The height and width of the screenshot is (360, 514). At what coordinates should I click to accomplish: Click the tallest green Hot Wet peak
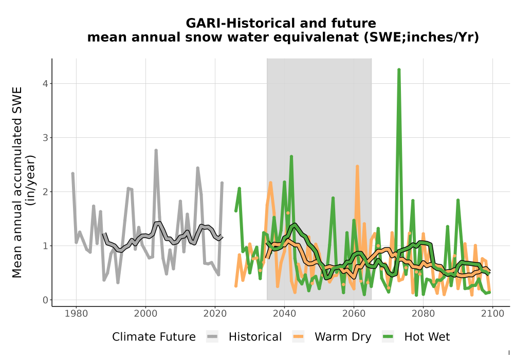(399, 69)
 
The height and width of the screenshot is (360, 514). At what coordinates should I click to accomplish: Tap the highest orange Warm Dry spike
(357, 167)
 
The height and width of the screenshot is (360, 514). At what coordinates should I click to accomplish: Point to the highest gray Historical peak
(156, 150)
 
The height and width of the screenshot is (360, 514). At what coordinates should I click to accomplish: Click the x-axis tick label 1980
(77, 314)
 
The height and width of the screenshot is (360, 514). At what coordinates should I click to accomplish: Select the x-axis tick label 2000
(145, 314)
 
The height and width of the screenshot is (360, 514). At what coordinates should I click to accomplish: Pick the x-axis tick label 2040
(284, 314)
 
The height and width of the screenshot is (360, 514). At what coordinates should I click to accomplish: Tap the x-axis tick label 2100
(492, 314)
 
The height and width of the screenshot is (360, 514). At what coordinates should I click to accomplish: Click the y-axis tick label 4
(45, 84)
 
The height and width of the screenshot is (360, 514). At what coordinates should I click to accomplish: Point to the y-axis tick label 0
(45, 300)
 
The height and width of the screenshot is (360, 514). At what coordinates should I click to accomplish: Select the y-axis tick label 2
(45, 192)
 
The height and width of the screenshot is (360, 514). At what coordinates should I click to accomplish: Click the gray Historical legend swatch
(212, 337)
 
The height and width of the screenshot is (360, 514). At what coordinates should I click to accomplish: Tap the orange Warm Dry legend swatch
(298, 337)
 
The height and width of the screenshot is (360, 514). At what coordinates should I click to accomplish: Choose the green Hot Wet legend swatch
(388, 337)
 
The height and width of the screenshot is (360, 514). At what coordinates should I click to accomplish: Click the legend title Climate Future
(154, 337)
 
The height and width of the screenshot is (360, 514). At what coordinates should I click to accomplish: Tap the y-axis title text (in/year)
(31, 180)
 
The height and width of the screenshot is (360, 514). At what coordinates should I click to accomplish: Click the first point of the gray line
(73, 173)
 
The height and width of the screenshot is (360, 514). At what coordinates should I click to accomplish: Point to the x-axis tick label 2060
(354, 314)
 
